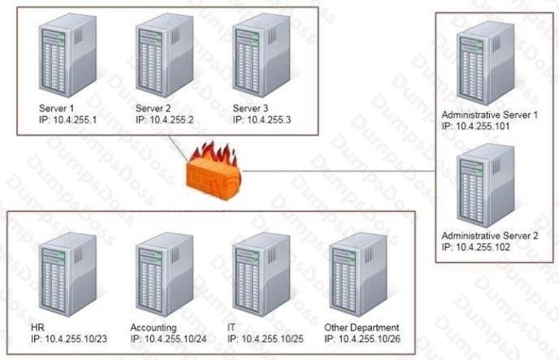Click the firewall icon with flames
[x=214, y=171]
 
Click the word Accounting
[x=153, y=327]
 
